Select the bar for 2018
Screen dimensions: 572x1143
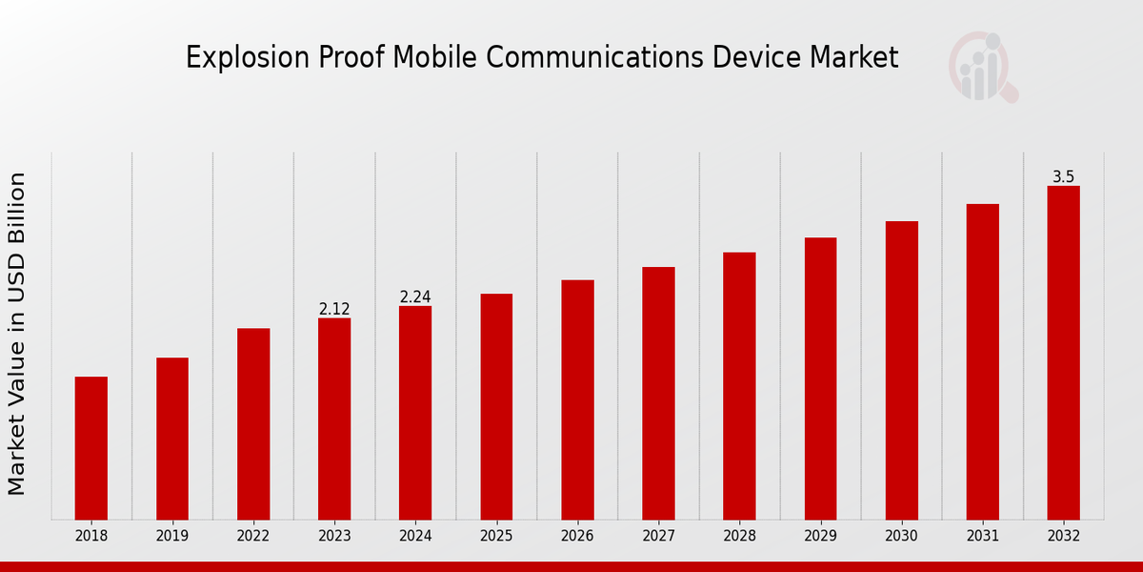[x=91, y=448]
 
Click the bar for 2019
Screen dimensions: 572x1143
[x=172, y=439]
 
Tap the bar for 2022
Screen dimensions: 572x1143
[x=253, y=424]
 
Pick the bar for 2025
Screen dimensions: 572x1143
[x=496, y=407]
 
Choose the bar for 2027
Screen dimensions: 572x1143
[x=658, y=394]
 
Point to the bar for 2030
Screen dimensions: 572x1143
[x=902, y=371]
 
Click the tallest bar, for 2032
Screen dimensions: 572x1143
[x=1064, y=353]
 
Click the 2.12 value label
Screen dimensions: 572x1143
[x=334, y=309]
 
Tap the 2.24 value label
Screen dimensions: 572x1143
[x=415, y=297]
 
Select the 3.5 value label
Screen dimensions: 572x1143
[x=1064, y=177]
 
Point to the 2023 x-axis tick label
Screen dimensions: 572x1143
[x=334, y=537]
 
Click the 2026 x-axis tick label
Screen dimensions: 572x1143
[x=577, y=537]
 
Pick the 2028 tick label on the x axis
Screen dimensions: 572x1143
[x=739, y=537]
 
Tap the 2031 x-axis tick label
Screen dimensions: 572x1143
[x=983, y=537]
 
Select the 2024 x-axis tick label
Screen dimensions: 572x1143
[x=415, y=537]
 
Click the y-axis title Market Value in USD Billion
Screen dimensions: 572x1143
[x=17, y=334]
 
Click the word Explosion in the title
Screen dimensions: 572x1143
[x=230, y=58]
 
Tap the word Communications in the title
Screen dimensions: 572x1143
[x=596, y=58]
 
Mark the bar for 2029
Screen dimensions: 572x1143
[x=820, y=378]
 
